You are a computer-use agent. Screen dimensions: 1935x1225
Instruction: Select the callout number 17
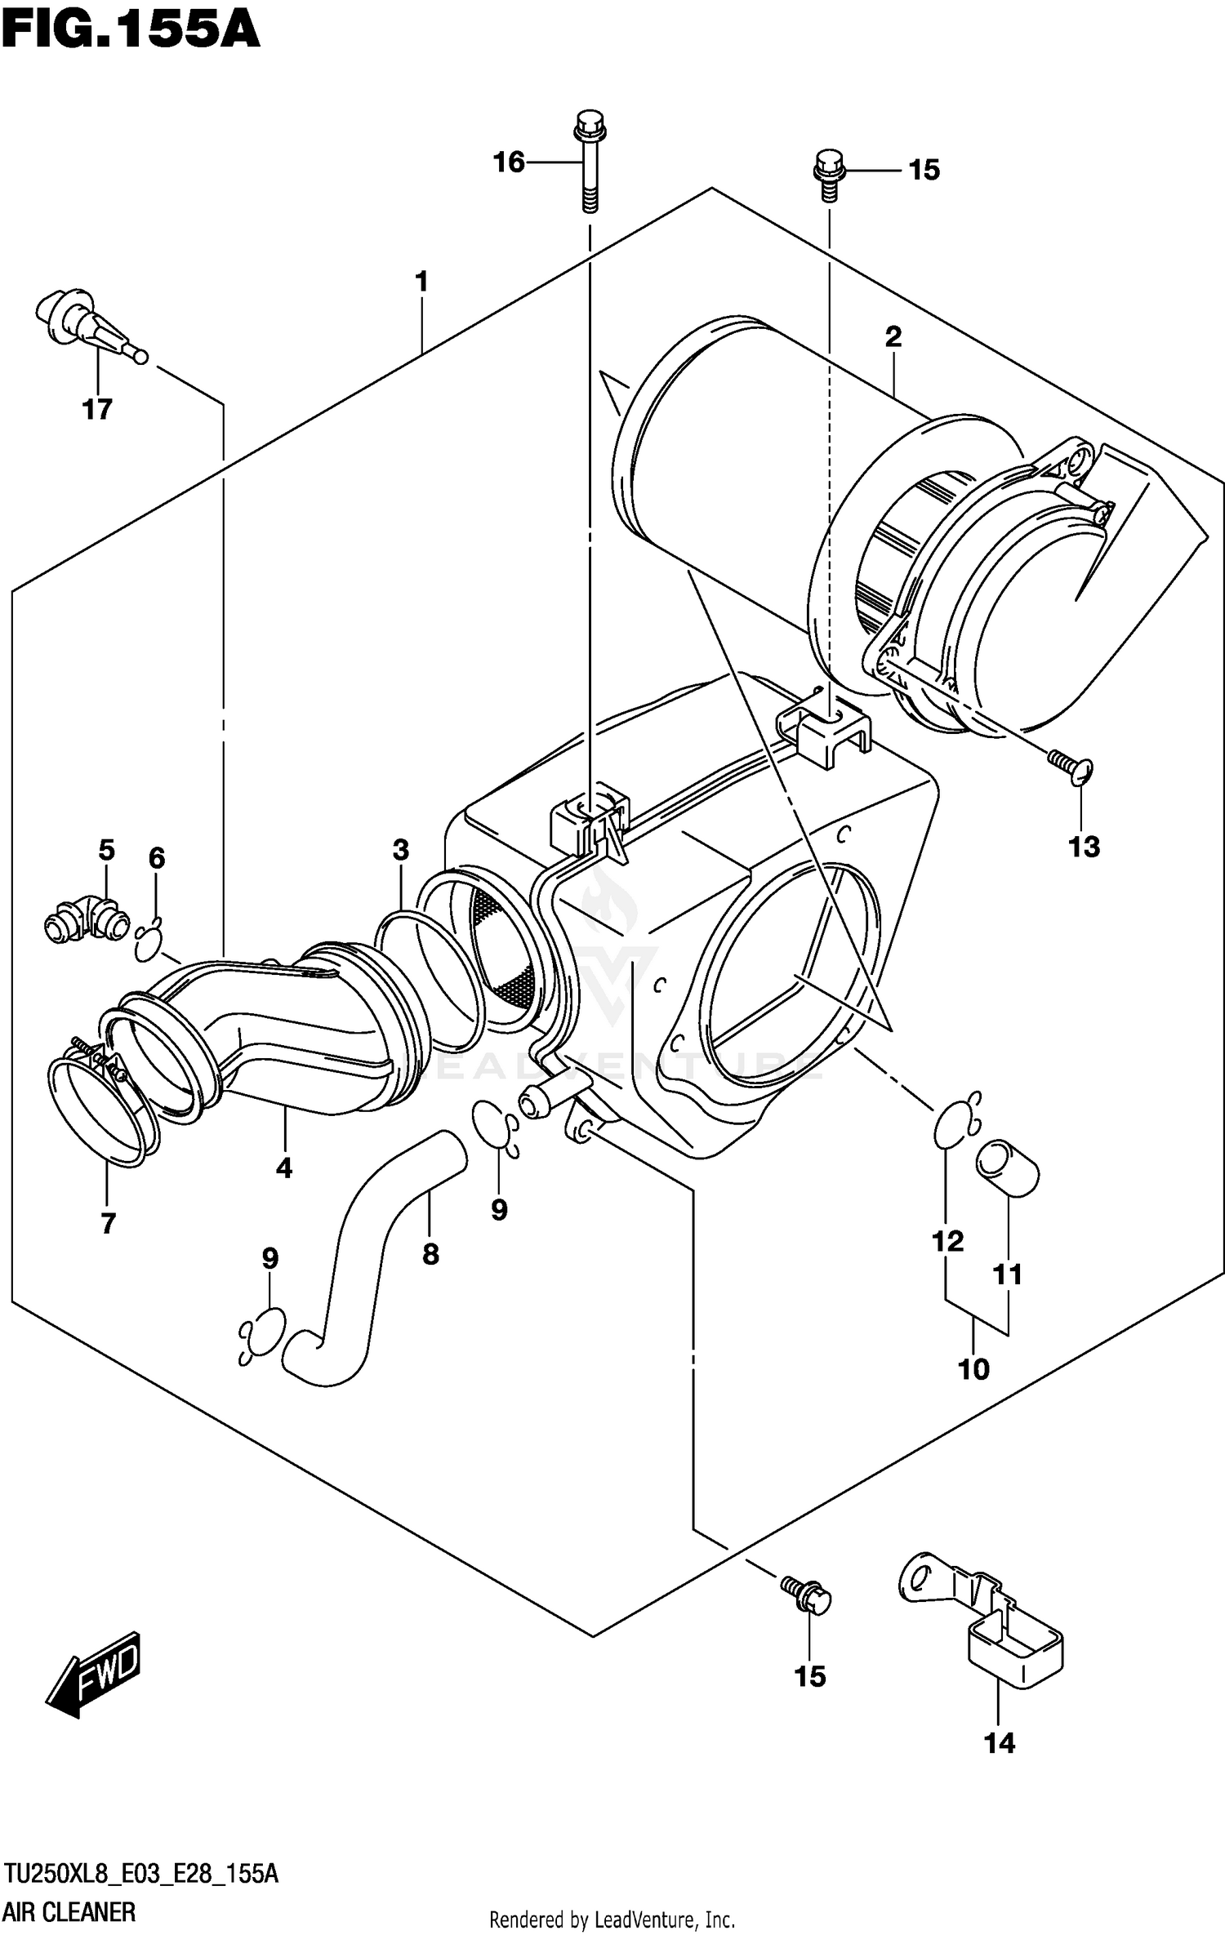pos(97,408)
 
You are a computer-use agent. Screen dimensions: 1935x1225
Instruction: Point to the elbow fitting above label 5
pos(87,919)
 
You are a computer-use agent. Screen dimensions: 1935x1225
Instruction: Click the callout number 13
pos(1084,847)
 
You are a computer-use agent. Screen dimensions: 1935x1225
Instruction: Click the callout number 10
pos(973,1368)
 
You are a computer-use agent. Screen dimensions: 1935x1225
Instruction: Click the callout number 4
pos(283,1168)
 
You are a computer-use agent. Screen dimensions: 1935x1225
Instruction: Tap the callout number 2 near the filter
pos(893,336)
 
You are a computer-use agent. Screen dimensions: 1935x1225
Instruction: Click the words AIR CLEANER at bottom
pos(69,1911)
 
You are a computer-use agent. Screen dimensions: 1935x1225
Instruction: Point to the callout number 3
pos(400,850)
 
